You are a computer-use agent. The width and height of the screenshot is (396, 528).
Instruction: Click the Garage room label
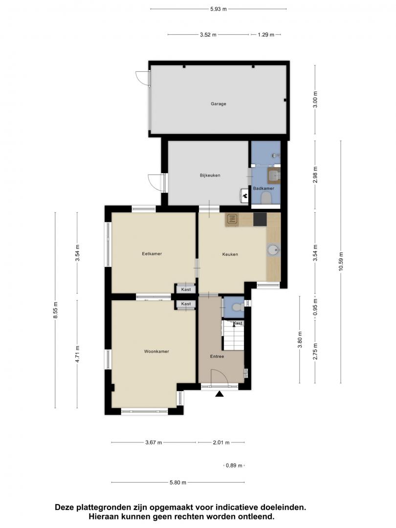point(218,104)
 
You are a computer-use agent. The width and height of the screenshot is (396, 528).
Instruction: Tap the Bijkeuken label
point(210,176)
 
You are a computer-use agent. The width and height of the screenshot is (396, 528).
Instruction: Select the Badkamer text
point(264,188)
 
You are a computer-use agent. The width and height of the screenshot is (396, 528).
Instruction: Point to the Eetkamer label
point(152,254)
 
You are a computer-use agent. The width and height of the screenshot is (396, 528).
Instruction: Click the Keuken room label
point(230,254)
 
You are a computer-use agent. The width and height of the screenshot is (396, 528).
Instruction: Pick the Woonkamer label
point(156,351)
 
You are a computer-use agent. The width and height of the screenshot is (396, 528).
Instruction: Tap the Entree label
point(217,356)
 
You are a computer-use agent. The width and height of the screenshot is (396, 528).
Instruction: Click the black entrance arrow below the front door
point(220,394)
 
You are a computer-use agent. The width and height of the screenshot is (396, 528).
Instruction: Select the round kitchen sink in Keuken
point(273,250)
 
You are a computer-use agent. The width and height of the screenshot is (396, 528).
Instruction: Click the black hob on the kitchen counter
point(260,219)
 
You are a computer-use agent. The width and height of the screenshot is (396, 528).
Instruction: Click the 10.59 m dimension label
point(341,261)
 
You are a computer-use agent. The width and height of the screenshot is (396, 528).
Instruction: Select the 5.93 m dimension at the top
point(219,9)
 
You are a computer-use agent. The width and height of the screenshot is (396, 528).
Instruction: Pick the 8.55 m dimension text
point(56,310)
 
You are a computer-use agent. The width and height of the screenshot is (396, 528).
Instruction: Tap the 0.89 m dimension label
point(234,465)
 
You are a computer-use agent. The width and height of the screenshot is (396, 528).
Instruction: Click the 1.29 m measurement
point(266,34)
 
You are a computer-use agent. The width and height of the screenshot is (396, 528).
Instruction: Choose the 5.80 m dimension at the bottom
point(178,482)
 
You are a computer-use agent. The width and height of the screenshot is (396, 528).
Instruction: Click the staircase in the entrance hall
point(233,335)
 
